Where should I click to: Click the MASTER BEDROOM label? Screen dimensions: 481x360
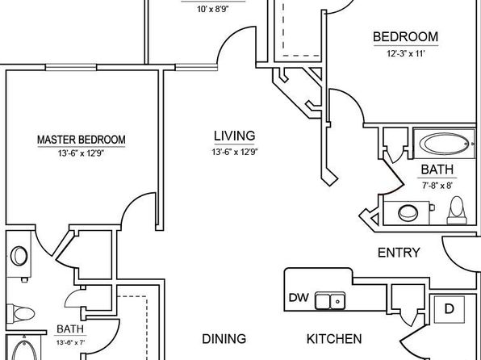82,140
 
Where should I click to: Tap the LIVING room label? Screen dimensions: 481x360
234,136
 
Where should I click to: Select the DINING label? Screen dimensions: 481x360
224,339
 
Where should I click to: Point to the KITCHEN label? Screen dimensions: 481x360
334,339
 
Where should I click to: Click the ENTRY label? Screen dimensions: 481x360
399,253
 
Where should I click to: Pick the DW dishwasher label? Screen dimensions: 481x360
299,297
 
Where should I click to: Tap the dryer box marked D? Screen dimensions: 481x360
449,309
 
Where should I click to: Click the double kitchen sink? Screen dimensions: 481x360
330,301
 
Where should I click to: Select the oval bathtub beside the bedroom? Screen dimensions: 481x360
444,144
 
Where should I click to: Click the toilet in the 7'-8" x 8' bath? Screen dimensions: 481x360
457,211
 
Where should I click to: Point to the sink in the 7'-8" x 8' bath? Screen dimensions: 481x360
408,213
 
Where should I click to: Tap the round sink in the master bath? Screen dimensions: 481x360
19,256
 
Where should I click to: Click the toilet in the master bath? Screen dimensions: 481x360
20,314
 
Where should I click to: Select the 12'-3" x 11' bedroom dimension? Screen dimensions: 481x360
405,54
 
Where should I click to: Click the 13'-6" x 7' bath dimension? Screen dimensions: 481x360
70,342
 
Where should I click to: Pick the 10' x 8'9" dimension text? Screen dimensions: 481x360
213,9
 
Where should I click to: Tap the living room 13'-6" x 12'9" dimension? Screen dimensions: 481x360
234,152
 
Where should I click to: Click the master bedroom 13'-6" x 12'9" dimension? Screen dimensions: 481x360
82,153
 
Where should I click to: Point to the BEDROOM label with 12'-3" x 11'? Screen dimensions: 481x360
405,37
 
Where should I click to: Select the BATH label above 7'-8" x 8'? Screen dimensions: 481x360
437,170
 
